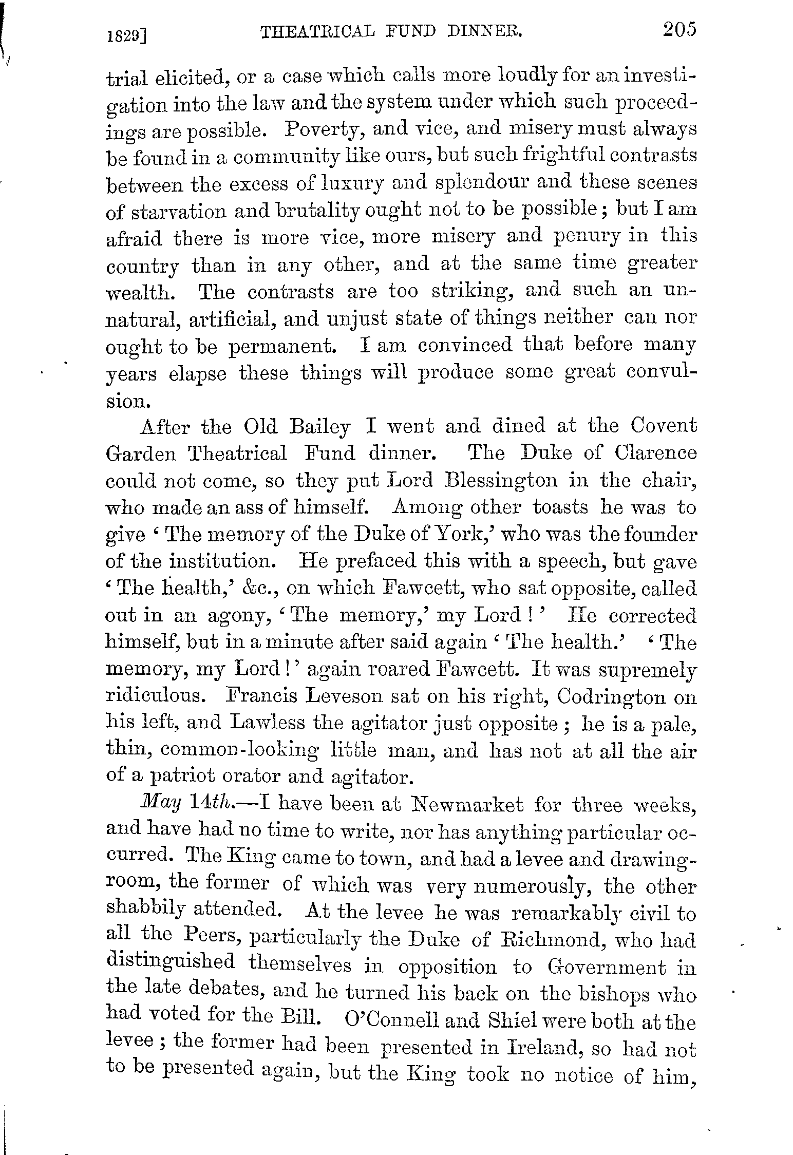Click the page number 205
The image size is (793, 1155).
(678, 29)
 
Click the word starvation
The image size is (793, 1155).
(177, 212)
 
